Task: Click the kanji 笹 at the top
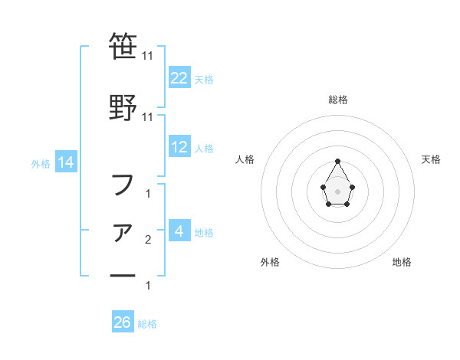click(123, 47)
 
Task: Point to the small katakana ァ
click(123, 232)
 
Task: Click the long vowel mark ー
click(123, 275)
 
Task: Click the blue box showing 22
click(179, 77)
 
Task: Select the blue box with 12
click(179, 147)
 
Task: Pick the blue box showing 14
click(65, 162)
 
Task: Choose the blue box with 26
click(123, 322)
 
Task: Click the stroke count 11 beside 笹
click(148, 56)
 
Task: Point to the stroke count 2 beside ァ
click(148, 241)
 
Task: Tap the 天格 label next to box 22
click(204, 79)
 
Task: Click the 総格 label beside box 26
click(147, 324)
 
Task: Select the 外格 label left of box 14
click(41, 163)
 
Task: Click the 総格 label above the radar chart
click(337, 100)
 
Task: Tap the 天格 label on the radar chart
click(431, 159)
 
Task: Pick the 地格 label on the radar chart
click(402, 262)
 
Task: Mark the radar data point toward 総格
click(337, 161)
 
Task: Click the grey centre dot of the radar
click(337, 191)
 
